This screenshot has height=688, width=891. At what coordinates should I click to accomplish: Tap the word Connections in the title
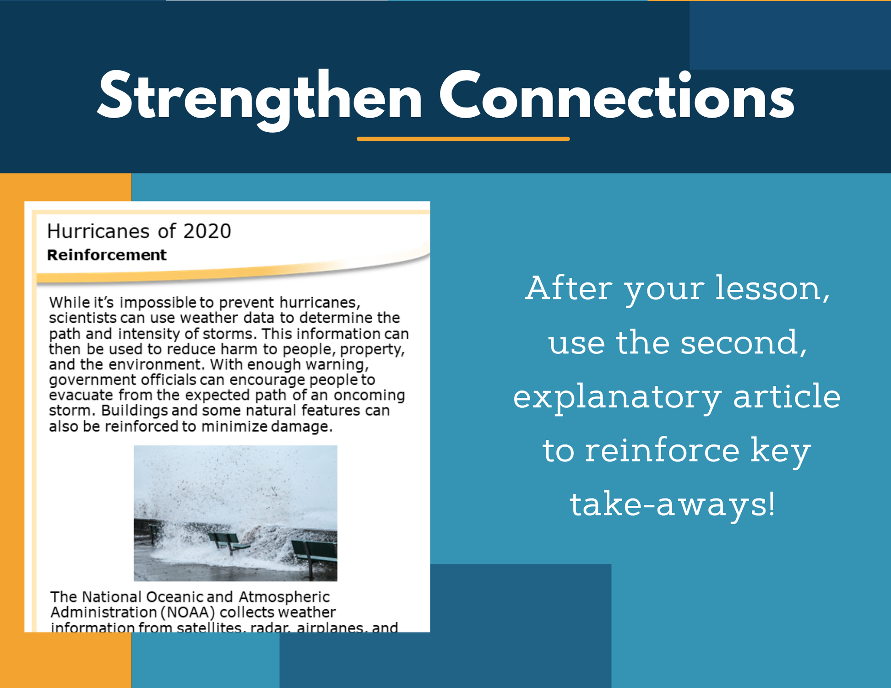617,95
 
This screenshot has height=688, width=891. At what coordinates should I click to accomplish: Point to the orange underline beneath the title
463,139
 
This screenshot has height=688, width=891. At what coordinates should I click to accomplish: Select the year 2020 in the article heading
207,231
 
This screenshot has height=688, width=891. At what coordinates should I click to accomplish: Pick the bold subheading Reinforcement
107,255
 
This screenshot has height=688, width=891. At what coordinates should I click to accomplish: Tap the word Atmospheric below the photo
284,597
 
